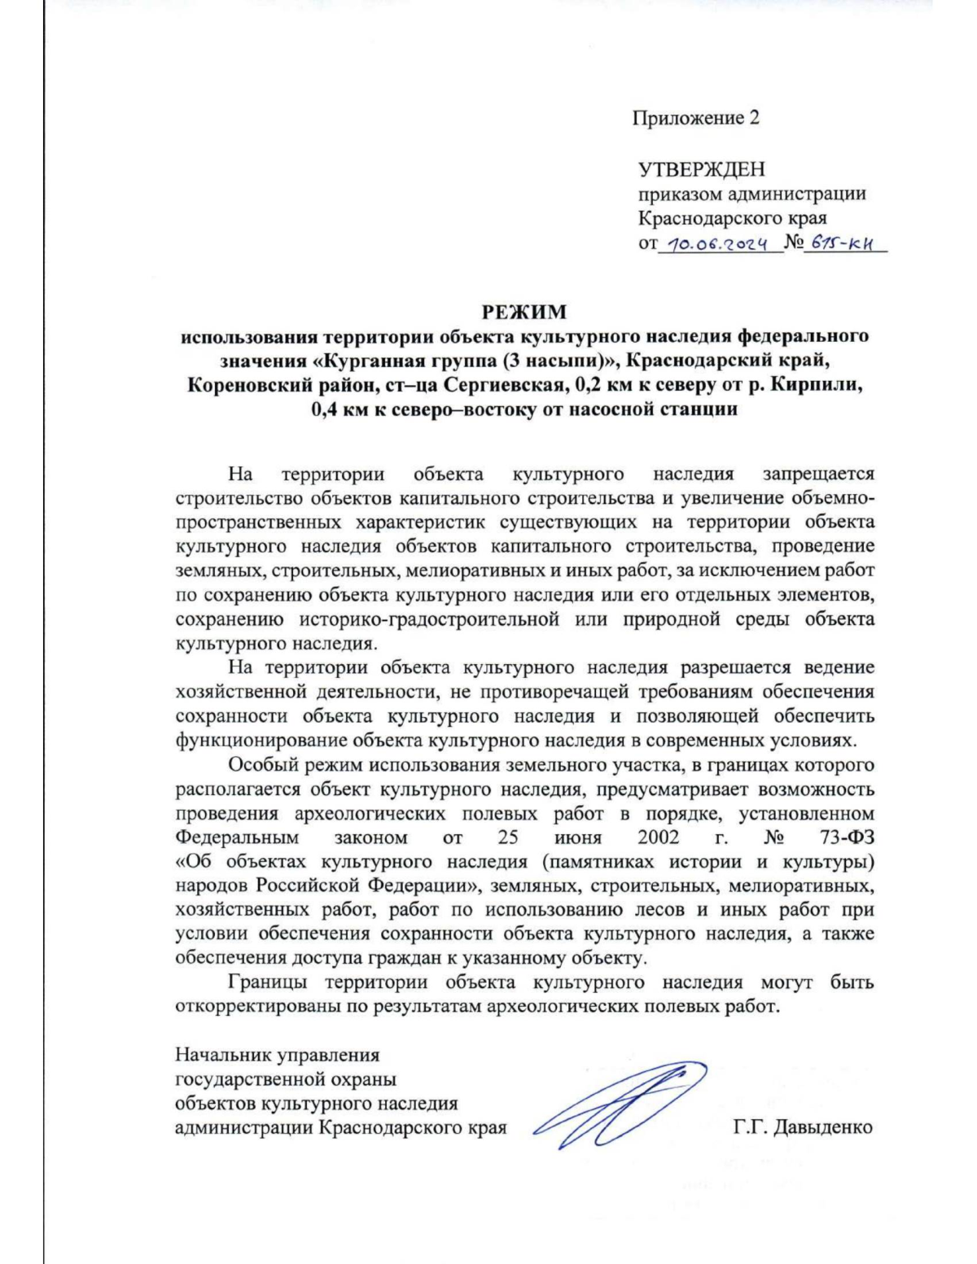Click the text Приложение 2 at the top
click(x=695, y=118)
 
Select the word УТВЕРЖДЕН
click(x=701, y=170)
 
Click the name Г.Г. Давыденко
click(x=802, y=1127)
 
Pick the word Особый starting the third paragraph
click(x=263, y=765)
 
